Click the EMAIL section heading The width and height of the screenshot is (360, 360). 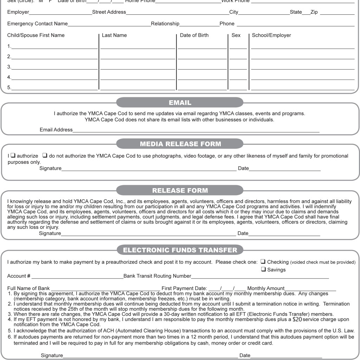(180, 103)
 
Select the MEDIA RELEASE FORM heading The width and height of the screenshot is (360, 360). (180, 144)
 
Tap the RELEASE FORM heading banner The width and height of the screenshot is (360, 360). (180, 191)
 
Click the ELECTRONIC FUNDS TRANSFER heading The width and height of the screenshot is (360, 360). (180, 250)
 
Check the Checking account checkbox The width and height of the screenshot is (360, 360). (263, 262)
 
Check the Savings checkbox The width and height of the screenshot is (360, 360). (263, 270)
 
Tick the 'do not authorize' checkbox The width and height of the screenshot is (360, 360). (45, 156)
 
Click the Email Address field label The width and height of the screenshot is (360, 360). (56, 130)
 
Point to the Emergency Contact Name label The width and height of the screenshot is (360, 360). (37, 24)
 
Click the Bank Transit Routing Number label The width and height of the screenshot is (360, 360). (157, 276)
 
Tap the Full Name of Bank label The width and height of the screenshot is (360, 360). (28, 288)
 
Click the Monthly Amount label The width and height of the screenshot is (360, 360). (266, 288)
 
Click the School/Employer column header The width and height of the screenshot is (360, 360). (271, 35)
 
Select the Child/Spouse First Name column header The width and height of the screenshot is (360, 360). (36, 35)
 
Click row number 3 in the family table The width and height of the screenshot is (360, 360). (9, 67)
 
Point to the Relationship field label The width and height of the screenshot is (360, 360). (165, 24)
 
